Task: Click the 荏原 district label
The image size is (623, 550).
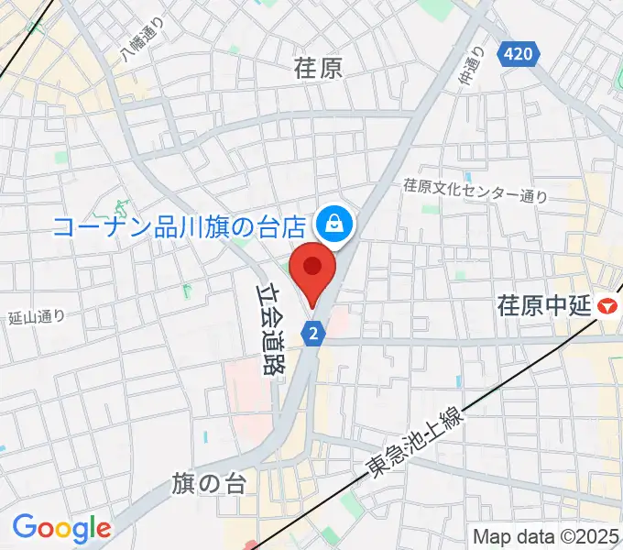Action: [318, 68]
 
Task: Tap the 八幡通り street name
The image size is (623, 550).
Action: [143, 42]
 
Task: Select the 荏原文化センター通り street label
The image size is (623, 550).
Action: [475, 190]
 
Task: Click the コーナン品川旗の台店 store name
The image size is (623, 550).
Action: [180, 226]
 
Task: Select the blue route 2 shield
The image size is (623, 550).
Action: [314, 333]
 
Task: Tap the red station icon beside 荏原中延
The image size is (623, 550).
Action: [608, 306]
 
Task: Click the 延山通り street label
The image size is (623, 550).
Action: [36, 318]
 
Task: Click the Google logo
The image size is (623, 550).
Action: [61, 528]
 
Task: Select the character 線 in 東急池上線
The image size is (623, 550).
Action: [454, 418]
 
